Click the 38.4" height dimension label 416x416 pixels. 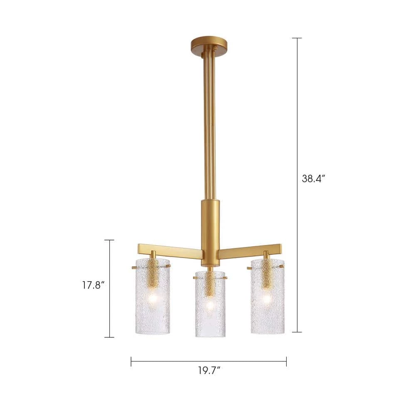(313, 179)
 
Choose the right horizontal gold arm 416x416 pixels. (250, 251)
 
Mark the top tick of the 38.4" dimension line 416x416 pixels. (297, 38)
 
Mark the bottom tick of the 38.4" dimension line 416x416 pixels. (297, 332)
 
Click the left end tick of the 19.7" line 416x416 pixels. (131, 362)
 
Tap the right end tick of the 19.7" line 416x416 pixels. (286, 362)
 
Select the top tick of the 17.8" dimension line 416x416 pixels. (109, 240)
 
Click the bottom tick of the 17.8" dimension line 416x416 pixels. (109, 337)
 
